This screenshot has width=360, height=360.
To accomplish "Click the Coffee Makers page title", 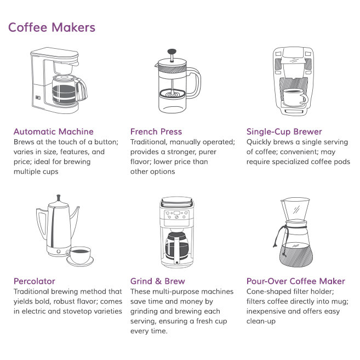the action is [x=52, y=27].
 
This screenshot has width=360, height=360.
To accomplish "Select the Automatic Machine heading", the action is [x=54, y=132].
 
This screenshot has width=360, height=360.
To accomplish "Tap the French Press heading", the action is [x=156, y=132].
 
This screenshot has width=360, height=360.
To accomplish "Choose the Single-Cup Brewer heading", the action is [x=284, y=132].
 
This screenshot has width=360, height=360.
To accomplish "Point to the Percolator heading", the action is [x=35, y=281].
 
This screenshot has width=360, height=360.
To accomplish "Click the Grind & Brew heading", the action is [x=158, y=281].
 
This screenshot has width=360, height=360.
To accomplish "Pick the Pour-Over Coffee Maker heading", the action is [x=296, y=281].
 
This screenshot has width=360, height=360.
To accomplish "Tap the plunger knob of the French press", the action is [x=172, y=52].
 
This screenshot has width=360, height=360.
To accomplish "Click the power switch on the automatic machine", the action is [x=38, y=98].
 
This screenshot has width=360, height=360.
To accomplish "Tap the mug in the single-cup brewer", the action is [x=295, y=97].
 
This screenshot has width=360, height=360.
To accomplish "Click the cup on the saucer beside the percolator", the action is [x=79, y=255].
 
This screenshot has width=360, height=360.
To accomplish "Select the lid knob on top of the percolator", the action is [x=59, y=198].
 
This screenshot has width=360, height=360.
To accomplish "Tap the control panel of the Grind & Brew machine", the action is [x=176, y=215].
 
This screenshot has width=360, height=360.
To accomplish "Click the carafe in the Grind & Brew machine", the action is [x=176, y=247].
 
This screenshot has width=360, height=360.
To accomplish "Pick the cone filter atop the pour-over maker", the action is [x=295, y=209].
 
